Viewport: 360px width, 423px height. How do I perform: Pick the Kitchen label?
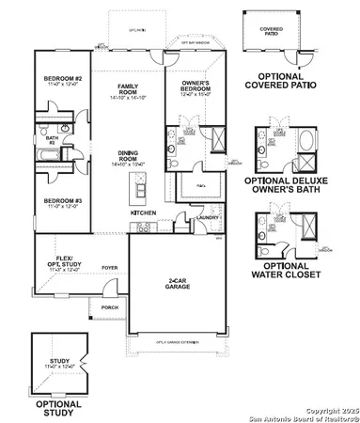[x=143, y=213]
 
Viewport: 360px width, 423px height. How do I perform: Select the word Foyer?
[x=109, y=266]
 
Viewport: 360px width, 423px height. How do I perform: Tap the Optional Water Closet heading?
[x=288, y=270]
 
